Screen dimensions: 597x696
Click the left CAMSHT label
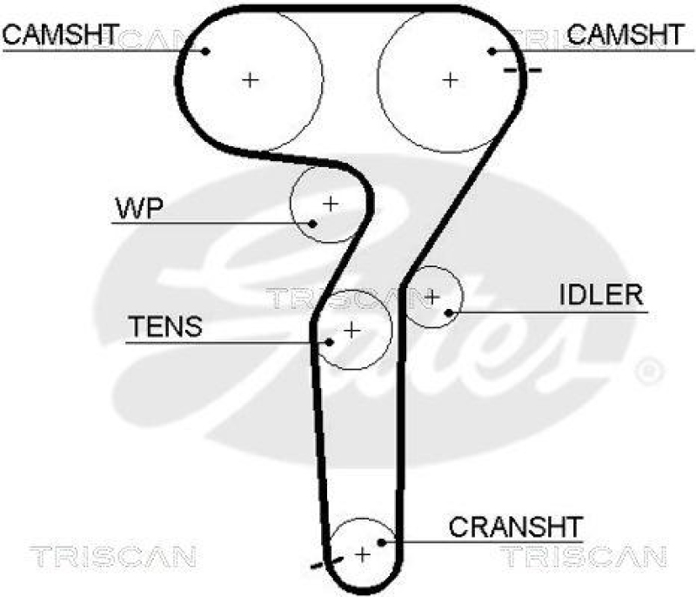(60, 34)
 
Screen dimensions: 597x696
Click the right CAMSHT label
(626, 34)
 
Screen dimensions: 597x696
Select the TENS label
(164, 327)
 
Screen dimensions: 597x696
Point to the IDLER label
(600, 295)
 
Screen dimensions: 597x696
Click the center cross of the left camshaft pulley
(251, 80)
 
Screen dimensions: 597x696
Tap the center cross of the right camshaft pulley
(450, 80)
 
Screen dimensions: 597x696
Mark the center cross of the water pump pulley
(330, 204)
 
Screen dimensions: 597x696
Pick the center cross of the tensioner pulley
(351, 331)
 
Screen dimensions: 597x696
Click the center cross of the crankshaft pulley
(362, 553)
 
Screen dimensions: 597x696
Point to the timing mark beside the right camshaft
(521, 69)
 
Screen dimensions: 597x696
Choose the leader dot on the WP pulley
(313, 222)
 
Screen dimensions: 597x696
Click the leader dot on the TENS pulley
(329, 341)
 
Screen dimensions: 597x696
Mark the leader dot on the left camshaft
(206, 50)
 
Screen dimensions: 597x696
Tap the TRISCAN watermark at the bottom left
(113, 553)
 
